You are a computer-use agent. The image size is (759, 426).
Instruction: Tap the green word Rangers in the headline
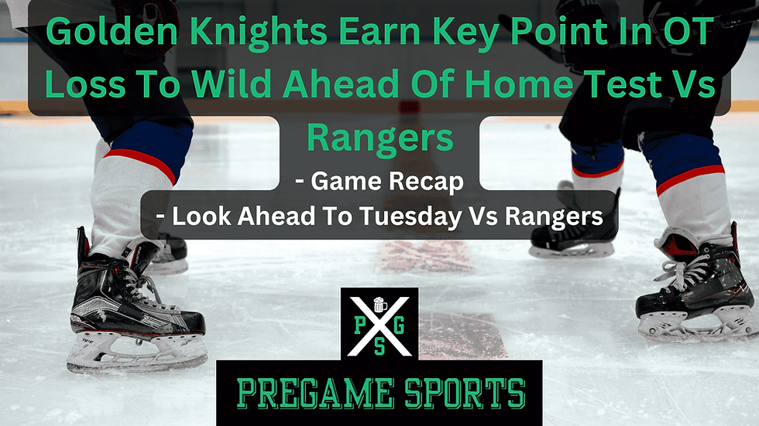pos(379,137)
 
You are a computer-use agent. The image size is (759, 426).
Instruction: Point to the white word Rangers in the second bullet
pos(553,217)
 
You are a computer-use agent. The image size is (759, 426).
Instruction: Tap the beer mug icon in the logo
pos(379,305)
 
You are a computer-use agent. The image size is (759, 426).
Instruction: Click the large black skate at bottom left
pos(132,309)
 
